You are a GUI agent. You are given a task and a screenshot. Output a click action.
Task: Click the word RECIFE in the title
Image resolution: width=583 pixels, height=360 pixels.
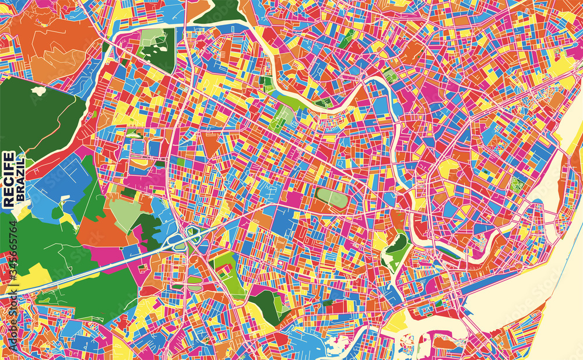pos(9,179)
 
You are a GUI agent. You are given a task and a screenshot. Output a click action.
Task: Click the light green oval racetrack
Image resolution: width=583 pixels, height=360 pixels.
pos(332,199)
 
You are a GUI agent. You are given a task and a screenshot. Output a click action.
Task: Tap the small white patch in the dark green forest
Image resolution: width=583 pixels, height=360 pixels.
pos(38,91)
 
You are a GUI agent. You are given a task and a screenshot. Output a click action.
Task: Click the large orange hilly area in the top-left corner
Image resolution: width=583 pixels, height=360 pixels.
pos(52,47)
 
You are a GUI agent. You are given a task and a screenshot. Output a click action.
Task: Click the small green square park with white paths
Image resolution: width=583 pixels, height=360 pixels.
pos(516,186)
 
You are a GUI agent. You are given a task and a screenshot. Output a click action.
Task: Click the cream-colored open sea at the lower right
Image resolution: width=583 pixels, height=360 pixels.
pos(525,303)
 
